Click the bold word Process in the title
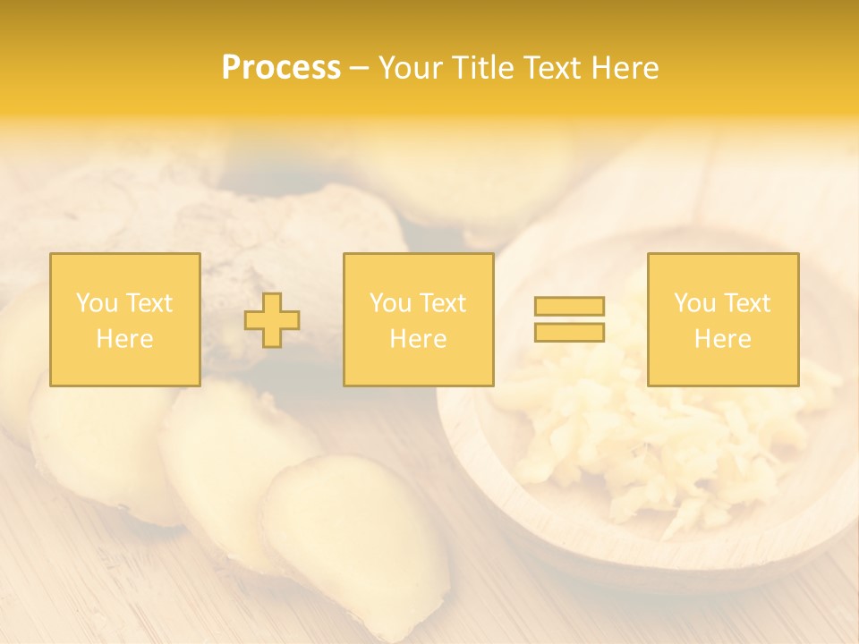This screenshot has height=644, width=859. (x=281, y=68)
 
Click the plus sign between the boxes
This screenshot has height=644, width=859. (x=272, y=320)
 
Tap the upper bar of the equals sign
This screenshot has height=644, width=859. (x=569, y=307)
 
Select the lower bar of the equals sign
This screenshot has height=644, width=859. (x=569, y=332)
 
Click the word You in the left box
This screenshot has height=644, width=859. (x=97, y=303)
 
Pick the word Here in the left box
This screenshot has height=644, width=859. (x=124, y=339)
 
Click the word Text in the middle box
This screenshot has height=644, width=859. (x=443, y=303)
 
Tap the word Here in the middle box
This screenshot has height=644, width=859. (x=418, y=339)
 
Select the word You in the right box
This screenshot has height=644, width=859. (x=694, y=303)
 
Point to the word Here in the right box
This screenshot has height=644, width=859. (x=722, y=339)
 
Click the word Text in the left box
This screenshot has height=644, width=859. (x=149, y=303)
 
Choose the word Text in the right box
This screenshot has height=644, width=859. (x=747, y=303)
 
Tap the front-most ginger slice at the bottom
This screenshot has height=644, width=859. (x=358, y=537)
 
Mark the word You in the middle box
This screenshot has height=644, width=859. (x=390, y=303)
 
